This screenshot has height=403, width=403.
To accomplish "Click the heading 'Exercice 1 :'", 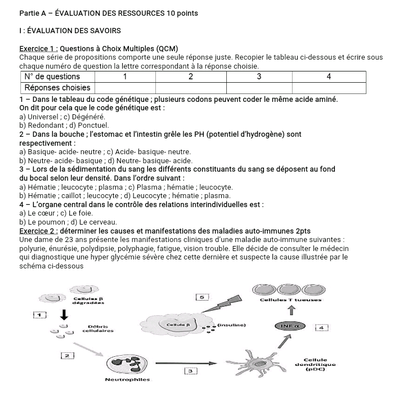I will pos(38,48).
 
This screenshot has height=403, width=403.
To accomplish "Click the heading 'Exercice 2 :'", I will pos(38,231).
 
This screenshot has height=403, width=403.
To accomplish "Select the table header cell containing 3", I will pos(259,77).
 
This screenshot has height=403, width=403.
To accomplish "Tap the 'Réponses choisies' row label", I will pos(57,88).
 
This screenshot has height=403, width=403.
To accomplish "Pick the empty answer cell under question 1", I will pos(124,88).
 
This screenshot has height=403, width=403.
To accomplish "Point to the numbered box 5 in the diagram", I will pos(202,296).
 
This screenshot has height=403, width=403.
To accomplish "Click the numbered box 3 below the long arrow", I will pos(191,370).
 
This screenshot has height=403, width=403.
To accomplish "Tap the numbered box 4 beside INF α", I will pos(321,326).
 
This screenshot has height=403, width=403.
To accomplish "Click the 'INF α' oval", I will pos(289,326).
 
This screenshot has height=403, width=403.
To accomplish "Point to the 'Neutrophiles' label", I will pos(128,380).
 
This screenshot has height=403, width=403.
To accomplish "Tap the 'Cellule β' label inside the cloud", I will pos(172,325).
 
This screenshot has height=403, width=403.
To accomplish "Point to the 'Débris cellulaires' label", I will pos(99,328).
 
